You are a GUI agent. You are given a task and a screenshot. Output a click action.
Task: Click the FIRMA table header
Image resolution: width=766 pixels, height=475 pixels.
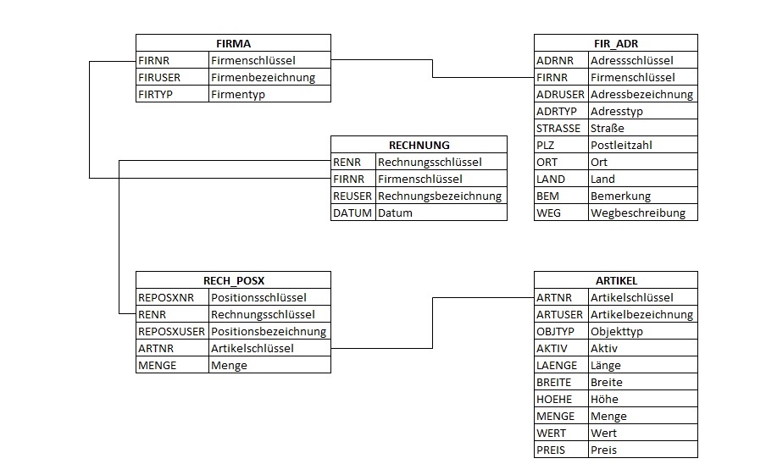point(234,43)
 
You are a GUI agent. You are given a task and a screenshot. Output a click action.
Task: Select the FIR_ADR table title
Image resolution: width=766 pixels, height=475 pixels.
point(616,43)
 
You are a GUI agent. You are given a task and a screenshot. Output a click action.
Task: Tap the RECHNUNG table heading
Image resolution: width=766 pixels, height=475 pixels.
point(419,145)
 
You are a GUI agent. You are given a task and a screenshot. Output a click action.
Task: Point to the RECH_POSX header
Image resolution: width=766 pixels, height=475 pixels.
point(234,281)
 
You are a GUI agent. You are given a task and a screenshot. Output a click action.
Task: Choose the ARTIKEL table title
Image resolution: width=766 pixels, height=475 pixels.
point(616,281)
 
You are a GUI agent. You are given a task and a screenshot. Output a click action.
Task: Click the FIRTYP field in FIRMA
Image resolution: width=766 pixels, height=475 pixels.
point(155,94)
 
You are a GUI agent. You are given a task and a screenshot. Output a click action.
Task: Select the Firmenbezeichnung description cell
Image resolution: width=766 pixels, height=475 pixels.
point(263,78)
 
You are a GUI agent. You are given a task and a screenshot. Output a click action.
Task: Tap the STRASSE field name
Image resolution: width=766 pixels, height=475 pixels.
point(558,129)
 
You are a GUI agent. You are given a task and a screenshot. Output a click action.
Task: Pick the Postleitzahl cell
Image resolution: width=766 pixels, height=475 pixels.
point(621,145)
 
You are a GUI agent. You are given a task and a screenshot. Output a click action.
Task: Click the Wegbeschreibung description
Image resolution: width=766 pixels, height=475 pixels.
point(637,213)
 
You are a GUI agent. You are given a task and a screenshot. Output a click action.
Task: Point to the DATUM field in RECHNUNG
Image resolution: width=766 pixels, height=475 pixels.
point(352,213)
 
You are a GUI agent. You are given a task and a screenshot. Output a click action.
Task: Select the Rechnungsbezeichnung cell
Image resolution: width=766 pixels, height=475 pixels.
point(440,196)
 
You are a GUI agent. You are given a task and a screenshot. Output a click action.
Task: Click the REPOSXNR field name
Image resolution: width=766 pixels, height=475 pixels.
point(166,298)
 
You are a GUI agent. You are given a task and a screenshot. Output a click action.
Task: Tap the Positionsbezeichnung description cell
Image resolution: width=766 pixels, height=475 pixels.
point(269,331)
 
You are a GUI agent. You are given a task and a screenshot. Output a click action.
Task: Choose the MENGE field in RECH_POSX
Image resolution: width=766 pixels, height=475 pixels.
point(158,365)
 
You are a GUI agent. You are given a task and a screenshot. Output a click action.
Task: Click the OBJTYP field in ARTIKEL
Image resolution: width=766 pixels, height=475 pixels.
point(555,331)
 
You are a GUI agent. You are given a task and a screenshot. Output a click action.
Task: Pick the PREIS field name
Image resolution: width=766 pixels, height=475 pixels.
point(551,450)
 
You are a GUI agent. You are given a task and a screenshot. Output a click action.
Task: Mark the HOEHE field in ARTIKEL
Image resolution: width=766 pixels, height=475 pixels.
point(554,400)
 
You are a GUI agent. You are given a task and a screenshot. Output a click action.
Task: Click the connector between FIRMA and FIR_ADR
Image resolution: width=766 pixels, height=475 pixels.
point(432,69)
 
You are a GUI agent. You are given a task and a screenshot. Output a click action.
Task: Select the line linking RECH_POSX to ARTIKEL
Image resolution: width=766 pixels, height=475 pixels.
point(432,323)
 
